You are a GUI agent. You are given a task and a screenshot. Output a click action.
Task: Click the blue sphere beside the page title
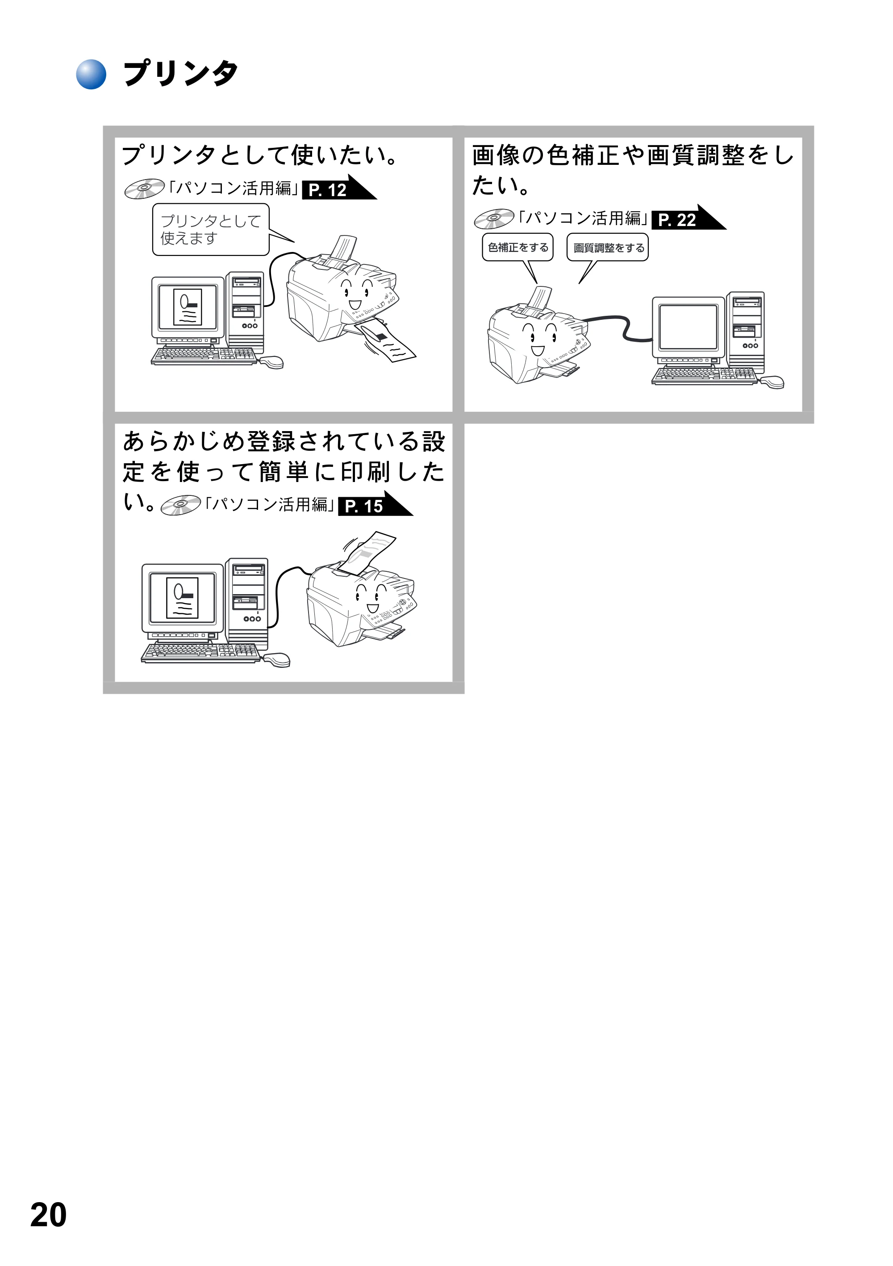point(91,74)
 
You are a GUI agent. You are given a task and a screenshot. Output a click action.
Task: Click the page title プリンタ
point(181,73)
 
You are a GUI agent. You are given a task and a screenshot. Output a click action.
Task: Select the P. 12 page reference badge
point(339,188)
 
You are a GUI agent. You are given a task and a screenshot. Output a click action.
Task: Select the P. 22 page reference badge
point(689,218)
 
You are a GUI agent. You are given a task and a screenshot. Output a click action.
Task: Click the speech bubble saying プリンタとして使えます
point(211,229)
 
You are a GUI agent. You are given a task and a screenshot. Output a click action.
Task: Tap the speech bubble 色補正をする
point(517,247)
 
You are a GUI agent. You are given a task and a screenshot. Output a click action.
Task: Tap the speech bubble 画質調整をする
point(607,247)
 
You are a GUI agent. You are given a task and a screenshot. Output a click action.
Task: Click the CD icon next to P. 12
point(144,189)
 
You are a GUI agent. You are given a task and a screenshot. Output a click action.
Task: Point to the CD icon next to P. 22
point(494,219)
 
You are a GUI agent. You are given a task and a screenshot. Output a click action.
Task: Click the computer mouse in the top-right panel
point(772,381)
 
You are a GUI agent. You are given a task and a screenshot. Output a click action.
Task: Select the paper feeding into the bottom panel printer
point(367,551)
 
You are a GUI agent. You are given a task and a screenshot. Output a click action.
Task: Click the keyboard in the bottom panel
point(200,653)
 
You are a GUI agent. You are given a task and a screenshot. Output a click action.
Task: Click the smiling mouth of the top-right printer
point(538,351)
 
